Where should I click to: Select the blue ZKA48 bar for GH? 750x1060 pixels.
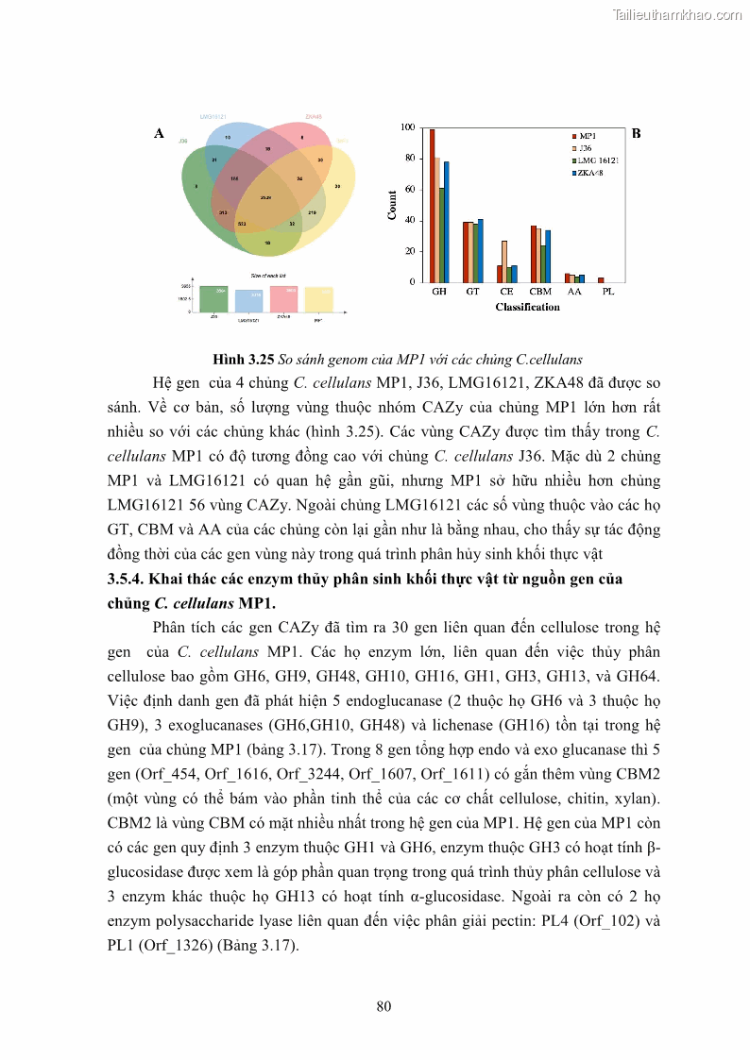click(447, 222)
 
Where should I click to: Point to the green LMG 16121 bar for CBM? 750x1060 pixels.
click(543, 263)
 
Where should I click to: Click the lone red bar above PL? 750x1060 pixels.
click(601, 279)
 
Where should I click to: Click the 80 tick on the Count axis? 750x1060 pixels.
click(407, 158)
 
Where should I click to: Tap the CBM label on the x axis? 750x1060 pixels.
click(540, 293)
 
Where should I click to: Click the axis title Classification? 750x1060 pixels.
click(527, 307)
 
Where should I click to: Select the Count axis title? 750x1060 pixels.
click(392, 205)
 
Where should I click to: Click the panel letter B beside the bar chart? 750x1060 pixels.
click(636, 134)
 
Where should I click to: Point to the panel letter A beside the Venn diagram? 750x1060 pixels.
click(159, 134)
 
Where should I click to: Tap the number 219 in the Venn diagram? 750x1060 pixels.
click(312, 212)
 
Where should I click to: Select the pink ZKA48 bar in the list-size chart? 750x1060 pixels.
click(284, 298)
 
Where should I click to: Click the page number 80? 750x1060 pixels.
click(384, 1006)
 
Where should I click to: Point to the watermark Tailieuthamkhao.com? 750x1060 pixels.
click(677, 14)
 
